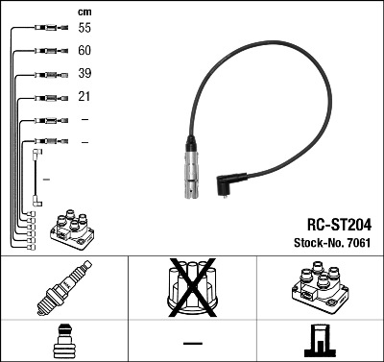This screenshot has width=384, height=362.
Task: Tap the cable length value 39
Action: click(84, 74)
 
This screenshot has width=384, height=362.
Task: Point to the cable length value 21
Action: click(84, 97)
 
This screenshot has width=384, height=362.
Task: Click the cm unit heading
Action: click(84, 12)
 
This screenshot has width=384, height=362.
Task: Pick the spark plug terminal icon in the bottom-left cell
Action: click(63, 341)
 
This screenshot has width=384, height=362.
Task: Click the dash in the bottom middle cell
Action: click(192, 343)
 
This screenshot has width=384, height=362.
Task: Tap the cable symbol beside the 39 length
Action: click(44, 74)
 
